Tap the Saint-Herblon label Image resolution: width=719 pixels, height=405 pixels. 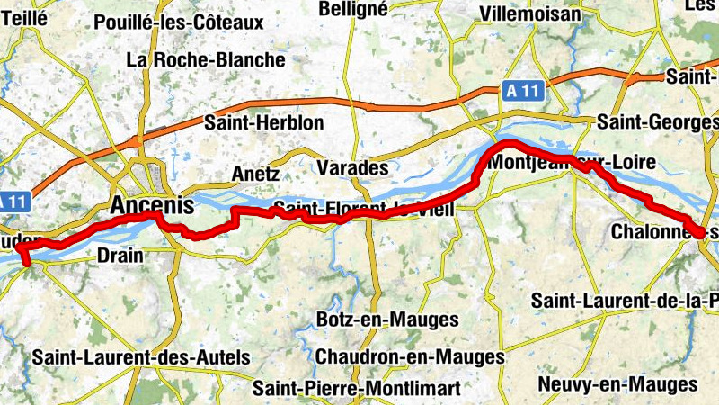pos(252,122)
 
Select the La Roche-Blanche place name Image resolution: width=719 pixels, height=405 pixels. pos(206,60)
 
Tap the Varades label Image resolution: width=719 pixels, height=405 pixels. pos(352,168)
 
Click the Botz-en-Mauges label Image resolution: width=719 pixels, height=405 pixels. pos(387,319)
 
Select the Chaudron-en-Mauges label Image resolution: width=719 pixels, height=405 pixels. pos(410,357)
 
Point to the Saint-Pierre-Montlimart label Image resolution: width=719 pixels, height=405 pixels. pos(357,389)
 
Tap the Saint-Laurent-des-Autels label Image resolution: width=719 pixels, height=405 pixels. pos(141,357)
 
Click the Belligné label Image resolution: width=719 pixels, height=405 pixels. pos(353,8)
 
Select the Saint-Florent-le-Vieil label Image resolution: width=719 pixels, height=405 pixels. pos(364,210)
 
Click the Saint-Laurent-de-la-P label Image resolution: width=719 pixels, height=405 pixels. pos(625,299)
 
